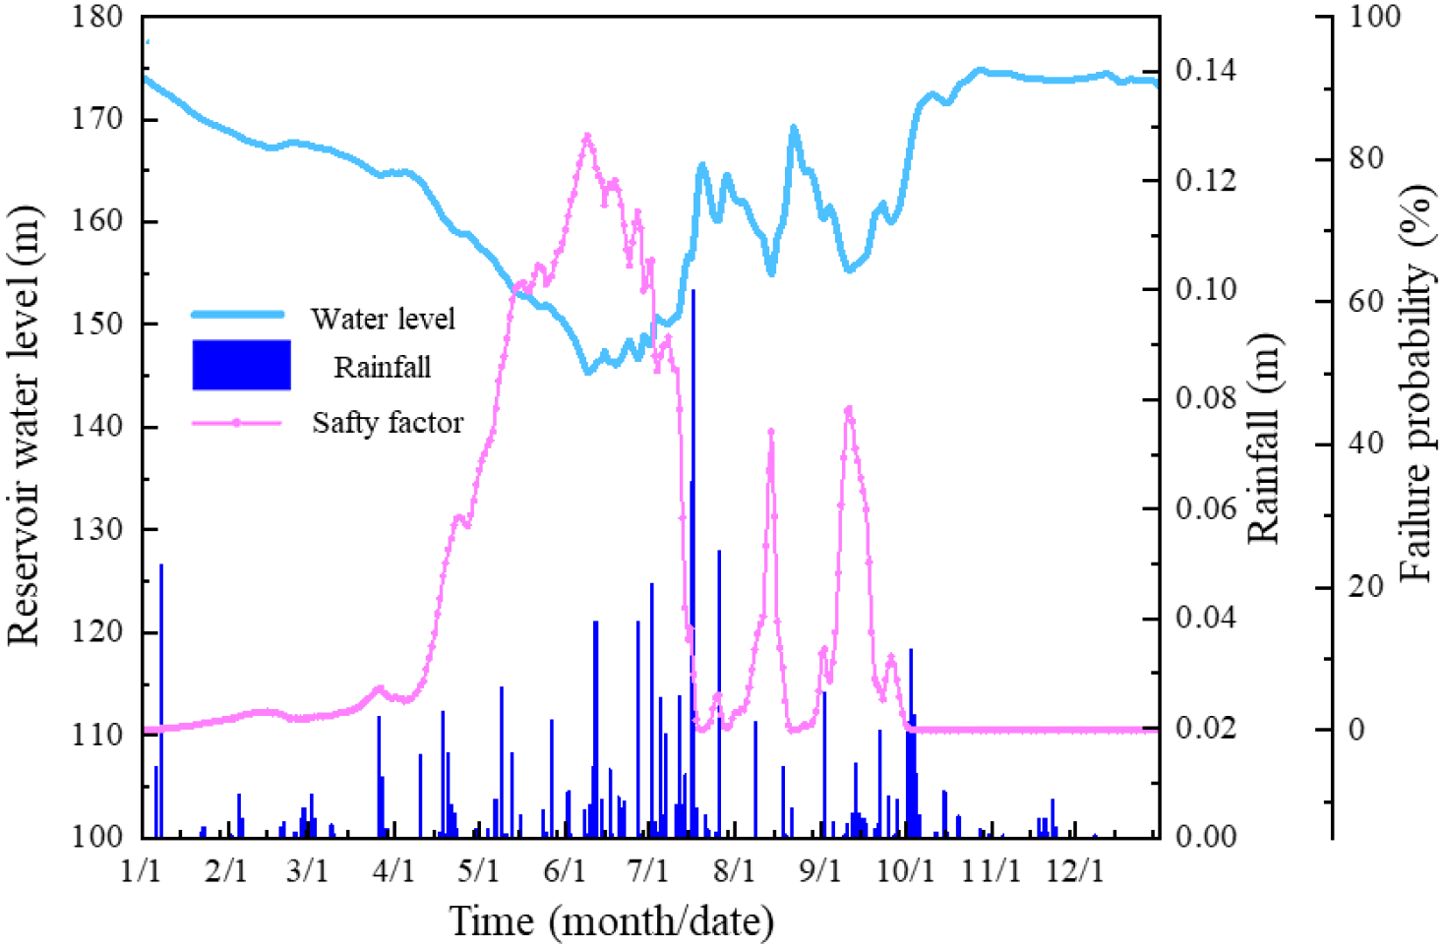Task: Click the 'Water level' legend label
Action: [383, 319]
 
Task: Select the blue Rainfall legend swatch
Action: [241, 366]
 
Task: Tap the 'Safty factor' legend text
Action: [388, 423]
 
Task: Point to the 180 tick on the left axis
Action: [97, 17]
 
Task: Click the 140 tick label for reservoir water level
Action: [97, 427]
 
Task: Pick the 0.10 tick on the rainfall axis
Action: [1205, 290]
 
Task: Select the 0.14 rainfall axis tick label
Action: [1205, 71]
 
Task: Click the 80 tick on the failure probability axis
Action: [1365, 158]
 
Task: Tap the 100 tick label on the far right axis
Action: [1373, 17]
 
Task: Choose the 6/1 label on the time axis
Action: [564, 871]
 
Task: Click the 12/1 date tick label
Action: [1074, 871]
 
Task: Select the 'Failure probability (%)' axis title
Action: [1414, 384]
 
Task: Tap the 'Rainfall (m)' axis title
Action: [1263, 439]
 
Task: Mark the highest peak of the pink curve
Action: [587, 136]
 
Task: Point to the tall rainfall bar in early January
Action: [161, 698]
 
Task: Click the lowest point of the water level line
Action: [588, 372]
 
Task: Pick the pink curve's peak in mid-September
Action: [848, 408]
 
